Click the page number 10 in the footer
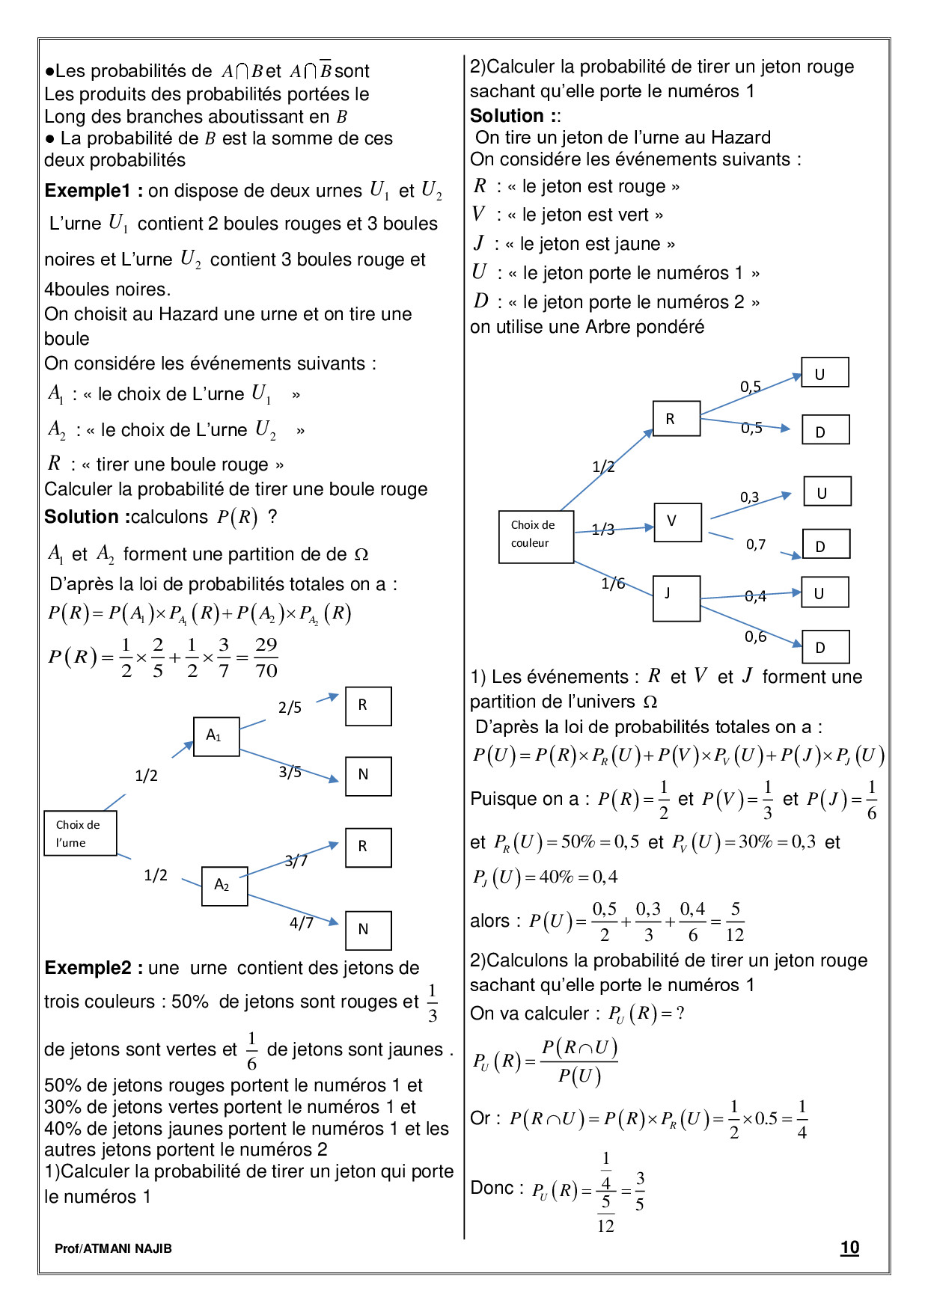849,1247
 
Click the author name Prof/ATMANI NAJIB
113,1248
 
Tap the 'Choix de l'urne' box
80,833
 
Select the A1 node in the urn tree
216,736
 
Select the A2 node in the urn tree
225,886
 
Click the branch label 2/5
290,708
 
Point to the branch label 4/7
302,923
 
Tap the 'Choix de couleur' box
536,536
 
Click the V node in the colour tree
677,521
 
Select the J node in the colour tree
677,598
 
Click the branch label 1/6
613,583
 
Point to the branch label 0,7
756,545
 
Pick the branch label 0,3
749,497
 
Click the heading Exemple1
88,191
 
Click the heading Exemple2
88,968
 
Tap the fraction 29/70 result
266,657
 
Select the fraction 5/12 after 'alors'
735,922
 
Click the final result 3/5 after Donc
640,1191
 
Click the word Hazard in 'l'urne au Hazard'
740,138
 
